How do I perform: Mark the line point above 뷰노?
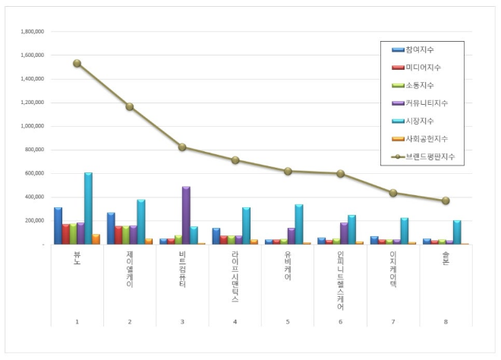point(77,63)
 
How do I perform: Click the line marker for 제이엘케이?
point(130,107)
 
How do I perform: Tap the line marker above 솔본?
point(446,201)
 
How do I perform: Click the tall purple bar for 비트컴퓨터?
point(186,215)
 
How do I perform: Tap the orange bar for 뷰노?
point(96,239)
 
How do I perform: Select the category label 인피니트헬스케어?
point(340,281)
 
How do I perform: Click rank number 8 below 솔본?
point(446,322)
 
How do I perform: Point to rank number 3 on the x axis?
point(182,322)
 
